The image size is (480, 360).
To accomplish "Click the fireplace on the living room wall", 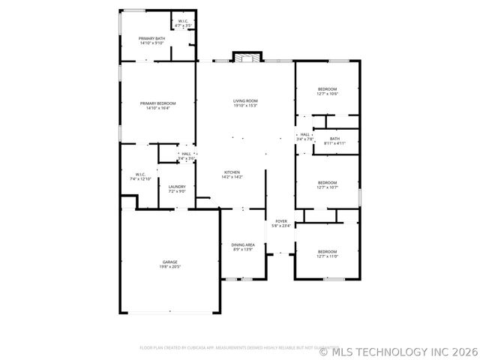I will [246, 58].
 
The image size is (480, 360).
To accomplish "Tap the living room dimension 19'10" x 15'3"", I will [245, 106].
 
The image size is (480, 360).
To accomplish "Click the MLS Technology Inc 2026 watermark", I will [398, 349].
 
